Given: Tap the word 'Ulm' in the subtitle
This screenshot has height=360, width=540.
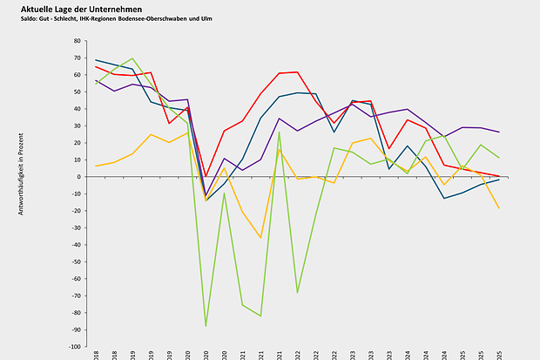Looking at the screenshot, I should [205, 18].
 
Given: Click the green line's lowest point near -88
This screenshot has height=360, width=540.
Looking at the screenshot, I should [206, 326].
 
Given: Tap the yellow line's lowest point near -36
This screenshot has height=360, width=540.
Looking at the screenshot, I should [260, 237].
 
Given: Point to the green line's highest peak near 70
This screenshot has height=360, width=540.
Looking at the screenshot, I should [132, 58].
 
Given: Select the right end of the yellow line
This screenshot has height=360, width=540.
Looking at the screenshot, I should [499, 208].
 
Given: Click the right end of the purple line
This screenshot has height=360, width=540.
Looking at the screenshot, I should [499, 132].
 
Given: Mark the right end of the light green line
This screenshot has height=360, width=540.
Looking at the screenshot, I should [499, 158].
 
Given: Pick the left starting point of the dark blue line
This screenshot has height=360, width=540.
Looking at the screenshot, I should [96, 60].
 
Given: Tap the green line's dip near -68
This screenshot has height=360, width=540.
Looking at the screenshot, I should [297, 292].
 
